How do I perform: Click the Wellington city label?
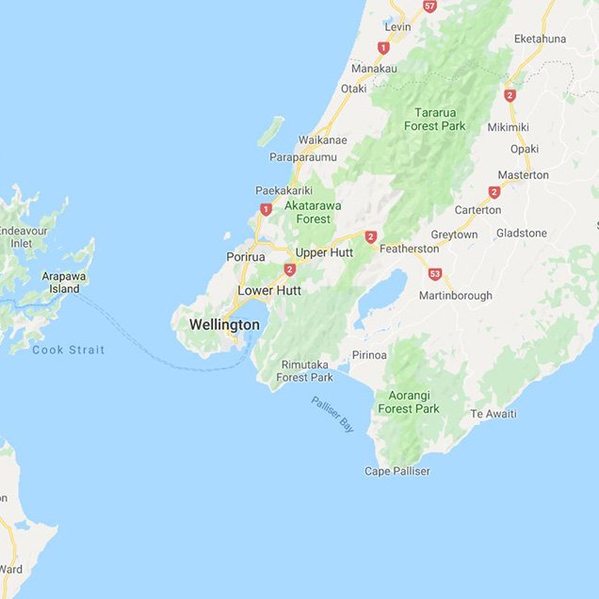[x=224, y=325]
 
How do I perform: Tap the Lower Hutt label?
[x=269, y=291]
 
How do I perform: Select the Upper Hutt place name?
[x=324, y=252]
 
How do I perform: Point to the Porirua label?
[x=247, y=256]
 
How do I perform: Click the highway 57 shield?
[x=429, y=6]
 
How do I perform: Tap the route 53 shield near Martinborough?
[x=434, y=274]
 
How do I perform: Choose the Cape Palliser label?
[x=397, y=471]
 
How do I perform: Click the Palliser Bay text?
[x=332, y=414]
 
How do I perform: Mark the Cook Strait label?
[x=69, y=349]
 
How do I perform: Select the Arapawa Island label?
[x=64, y=283]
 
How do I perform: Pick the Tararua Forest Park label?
[x=435, y=119]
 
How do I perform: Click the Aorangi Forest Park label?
[x=409, y=402]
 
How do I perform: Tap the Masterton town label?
[x=523, y=175]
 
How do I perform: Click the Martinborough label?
[x=456, y=296]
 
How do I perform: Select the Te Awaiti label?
[x=494, y=413]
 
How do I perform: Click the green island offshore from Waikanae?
[x=270, y=131]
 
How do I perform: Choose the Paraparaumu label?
[x=303, y=156]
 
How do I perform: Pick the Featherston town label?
[x=409, y=249]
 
